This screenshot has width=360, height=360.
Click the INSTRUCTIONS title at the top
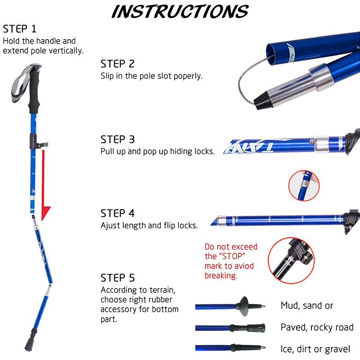[180, 12]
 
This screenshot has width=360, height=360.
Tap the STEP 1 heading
[19, 29]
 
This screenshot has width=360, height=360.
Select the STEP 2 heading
[117, 64]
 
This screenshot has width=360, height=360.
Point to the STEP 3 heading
[117, 139]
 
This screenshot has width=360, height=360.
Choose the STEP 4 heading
[117, 213]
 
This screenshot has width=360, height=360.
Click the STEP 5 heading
[117, 278]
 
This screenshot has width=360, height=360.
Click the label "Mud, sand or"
[307, 306]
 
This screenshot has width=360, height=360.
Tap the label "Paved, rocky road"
[317, 328]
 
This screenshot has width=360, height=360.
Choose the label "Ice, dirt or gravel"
[315, 349]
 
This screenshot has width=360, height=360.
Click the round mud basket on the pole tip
[243, 306]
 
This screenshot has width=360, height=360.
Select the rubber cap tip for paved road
[256, 328]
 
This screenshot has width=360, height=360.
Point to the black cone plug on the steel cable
[264, 100]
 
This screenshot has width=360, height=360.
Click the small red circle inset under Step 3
[304, 185]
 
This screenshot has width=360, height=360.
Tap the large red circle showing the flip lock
[268, 261]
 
